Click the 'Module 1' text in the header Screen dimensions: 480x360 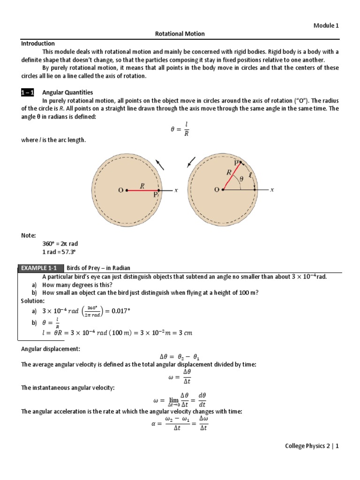coord(326,26)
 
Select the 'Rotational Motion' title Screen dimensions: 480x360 coord(180,34)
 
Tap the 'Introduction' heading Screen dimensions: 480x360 coord(38,43)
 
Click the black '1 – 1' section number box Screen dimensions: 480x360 coord(27,93)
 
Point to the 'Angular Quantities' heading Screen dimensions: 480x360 coord(67,93)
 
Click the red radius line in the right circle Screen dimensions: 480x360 coord(232,176)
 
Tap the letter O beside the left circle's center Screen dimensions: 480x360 coord(120,190)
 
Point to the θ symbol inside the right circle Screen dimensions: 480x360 coord(242,179)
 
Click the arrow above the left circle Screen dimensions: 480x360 coord(160,164)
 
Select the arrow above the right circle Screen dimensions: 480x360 coord(191,162)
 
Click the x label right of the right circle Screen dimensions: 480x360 coord(272,190)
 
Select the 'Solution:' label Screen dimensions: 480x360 coord(33,300)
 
